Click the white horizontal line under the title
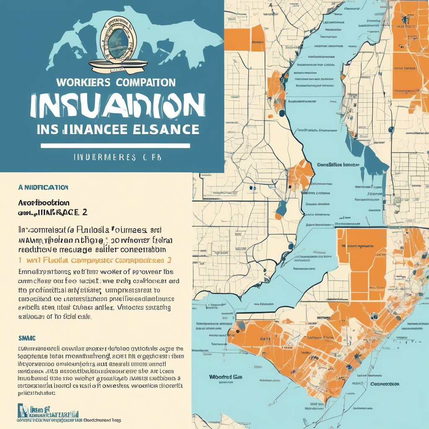[115, 145]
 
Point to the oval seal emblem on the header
[119, 40]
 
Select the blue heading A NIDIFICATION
[43, 187]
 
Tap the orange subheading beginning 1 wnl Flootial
[96, 260]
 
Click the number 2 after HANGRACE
[85, 212]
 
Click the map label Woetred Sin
[226, 377]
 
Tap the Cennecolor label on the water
[385, 384]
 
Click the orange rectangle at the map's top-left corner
[237, 40]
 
